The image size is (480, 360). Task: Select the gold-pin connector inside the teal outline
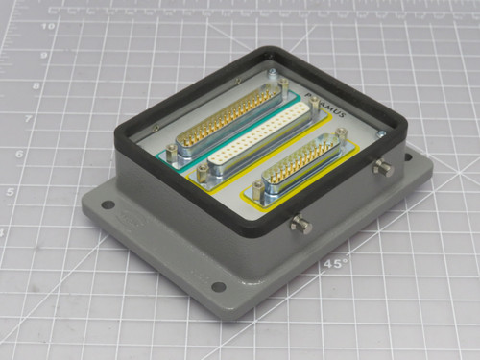(x=231, y=125)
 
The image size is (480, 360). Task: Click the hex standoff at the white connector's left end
(x=204, y=172)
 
